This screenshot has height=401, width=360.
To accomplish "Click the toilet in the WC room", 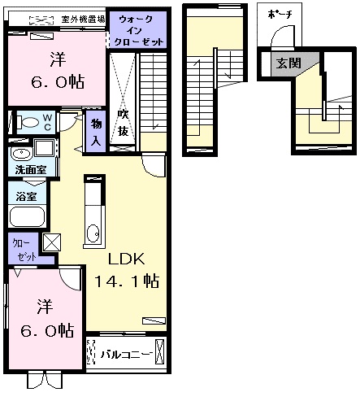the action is point(28,122).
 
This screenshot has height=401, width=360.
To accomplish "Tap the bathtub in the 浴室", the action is point(27,216).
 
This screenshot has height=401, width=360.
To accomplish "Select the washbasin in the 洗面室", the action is point(21,154).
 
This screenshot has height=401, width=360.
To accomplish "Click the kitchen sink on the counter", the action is point(93,233).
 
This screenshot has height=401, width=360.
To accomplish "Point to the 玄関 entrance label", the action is point(288,63).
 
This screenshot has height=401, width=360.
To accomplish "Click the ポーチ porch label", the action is point(280,14).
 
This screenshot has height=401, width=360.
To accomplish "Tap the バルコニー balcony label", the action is point(126,355).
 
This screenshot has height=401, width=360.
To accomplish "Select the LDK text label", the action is point(127,259).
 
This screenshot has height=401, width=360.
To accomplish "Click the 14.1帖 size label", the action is point(127,281).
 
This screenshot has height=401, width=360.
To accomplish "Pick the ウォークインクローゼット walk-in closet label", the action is point(138,30).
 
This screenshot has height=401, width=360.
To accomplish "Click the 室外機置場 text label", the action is point(83,20).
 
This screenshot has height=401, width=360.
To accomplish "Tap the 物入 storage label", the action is point(96,132).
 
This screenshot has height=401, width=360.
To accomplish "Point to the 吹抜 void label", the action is point(123,123).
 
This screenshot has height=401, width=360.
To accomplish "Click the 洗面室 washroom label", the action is point(31,170).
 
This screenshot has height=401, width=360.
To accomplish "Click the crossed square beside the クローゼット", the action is point(52,242).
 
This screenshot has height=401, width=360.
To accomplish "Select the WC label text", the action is point(48,122).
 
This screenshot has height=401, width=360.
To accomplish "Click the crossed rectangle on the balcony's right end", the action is point(159,351).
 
